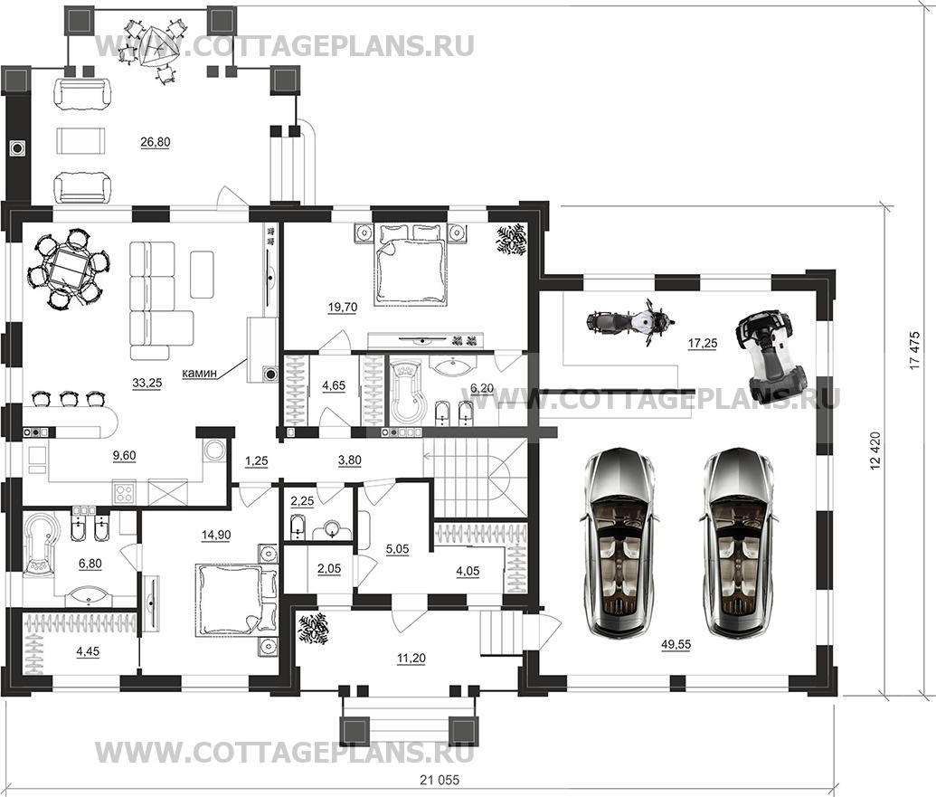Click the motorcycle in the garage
[629, 322]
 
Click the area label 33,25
[147, 384]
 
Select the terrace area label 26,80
[156, 142]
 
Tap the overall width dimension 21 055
[440, 780]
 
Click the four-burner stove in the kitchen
[125, 492]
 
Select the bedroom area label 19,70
[343, 308]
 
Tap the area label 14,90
[216, 535]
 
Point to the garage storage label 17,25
[703, 343]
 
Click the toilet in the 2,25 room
[298, 528]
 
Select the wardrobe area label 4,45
[89, 651]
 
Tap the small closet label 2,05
[329, 569]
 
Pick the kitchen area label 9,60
[124, 456]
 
